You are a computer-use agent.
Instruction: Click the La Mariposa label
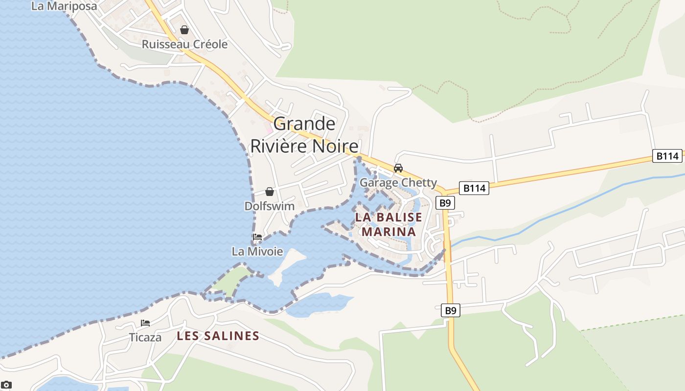point(64,6)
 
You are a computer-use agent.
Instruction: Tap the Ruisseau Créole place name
point(184,44)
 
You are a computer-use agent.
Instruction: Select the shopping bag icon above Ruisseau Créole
point(184,30)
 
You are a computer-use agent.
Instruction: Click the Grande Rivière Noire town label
point(304,135)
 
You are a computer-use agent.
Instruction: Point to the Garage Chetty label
point(398,183)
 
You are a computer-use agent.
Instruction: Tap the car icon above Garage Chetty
point(398,168)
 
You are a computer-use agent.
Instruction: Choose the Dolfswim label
point(270,206)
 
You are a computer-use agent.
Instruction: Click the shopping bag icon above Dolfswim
point(270,192)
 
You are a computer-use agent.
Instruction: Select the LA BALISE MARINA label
point(388,224)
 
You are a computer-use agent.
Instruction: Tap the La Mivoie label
point(257,252)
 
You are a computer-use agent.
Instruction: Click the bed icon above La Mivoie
point(257,238)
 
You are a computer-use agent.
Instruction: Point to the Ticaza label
point(145,337)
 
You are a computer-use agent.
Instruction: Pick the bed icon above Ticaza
point(145,323)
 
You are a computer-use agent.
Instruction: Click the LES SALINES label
point(218,336)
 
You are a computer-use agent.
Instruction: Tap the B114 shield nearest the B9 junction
point(474,188)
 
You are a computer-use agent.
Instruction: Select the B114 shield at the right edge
point(667,156)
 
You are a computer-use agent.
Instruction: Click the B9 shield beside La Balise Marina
point(445,203)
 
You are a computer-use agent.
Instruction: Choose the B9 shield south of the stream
point(451,310)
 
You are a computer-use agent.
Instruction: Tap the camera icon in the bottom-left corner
point(6,385)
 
